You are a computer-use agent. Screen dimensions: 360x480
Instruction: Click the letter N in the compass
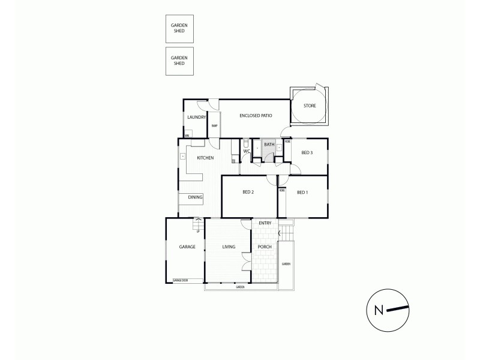(x=379, y=310)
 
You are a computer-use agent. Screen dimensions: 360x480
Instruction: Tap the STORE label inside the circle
(x=309, y=106)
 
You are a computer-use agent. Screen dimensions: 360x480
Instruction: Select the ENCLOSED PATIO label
(x=257, y=115)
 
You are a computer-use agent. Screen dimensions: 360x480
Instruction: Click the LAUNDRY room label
(x=196, y=117)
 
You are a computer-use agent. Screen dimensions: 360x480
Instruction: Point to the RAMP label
(x=214, y=125)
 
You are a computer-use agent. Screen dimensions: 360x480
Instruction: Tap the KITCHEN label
(x=205, y=158)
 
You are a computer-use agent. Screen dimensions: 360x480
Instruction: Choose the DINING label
(x=195, y=197)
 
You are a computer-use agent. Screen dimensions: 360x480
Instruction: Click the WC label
(x=246, y=151)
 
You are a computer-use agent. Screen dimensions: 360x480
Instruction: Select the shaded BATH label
(x=269, y=145)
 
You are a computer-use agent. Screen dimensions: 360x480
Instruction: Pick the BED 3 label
(x=307, y=153)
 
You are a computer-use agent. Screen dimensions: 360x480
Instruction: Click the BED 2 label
(x=249, y=192)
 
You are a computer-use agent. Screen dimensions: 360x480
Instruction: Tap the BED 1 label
(x=302, y=192)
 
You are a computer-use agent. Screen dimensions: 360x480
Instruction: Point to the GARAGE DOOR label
(x=180, y=280)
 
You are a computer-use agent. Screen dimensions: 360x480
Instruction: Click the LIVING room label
(x=228, y=247)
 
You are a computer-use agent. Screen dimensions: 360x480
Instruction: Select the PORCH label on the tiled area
(x=264, y=247)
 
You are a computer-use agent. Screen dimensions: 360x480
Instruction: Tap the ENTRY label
(x=265, y=223)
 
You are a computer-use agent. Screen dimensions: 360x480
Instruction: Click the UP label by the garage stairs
(x=197, y=231)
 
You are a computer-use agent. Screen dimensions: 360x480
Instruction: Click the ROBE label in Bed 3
(x=288, y=142)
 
